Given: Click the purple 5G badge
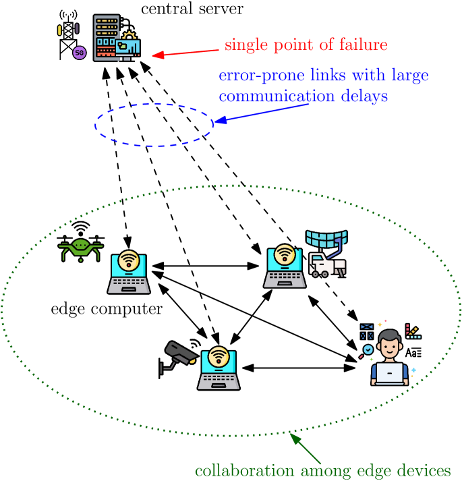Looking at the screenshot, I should coord(80,53).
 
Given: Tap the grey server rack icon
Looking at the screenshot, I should coord(106,37).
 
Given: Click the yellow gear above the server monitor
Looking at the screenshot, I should coord(129,35).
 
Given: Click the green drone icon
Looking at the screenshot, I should coord(81,248).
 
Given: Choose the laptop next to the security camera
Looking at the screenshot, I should coord(219,368).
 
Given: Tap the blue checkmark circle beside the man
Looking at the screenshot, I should coord(368,349).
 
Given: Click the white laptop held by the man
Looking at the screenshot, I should coord(389,373).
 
